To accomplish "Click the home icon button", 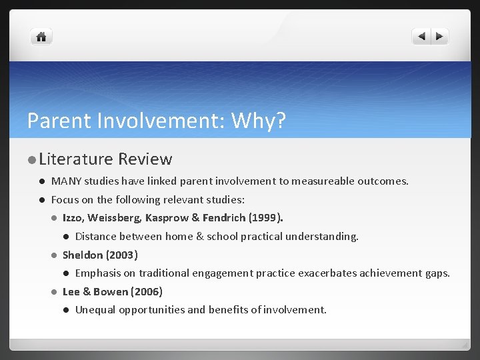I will click(41, 37).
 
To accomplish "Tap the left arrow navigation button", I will click(421, 37).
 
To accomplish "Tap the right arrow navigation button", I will click(440, 37).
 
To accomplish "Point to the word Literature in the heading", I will click(76, 159).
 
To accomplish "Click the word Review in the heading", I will click(145, 159).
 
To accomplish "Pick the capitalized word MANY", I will click(64, 181).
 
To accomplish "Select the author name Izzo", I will click(73, 217).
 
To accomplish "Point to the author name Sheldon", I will click(82, 255).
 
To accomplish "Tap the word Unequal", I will click(95, 309).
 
